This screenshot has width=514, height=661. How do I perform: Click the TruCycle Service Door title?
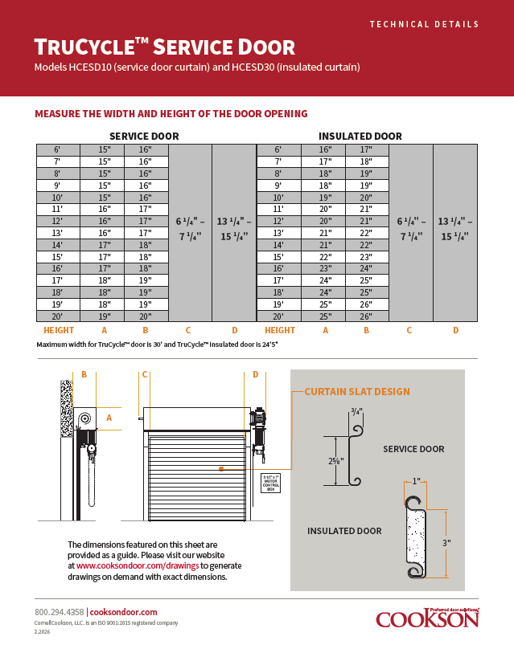pos(164,47)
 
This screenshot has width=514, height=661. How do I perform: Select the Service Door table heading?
pos(144,136)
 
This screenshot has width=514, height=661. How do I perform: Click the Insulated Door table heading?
pos(360,136)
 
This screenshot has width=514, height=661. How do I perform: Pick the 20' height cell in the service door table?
pos(57,316)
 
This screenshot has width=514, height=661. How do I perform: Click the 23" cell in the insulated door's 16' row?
pos(325,268)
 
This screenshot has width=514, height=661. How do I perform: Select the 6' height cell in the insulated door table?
pos(278,149)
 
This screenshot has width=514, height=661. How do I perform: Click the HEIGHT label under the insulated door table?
pos(279,330)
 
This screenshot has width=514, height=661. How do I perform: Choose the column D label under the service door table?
pos(234,330)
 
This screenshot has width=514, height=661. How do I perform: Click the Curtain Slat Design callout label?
pos(356,392)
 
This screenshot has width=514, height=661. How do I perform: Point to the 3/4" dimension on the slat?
pos(356,411)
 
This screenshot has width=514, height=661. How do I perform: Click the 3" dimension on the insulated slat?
pos(446,543)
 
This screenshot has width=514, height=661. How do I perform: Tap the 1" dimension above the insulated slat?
pos(416,482)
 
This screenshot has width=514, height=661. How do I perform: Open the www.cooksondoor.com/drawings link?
pos(137,565)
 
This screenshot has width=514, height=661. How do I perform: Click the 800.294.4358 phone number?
pos(59,612)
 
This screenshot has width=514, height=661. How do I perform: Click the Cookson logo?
pos(427,618)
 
